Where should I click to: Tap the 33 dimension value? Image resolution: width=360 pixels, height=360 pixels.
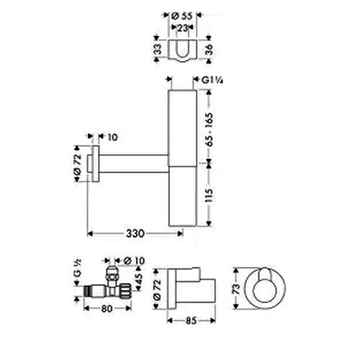click(x=158, y=50)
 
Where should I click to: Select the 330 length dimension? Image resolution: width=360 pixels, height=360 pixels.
click(x=135, y=233)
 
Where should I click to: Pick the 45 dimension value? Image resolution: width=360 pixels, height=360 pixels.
click(x=140, y=277)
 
